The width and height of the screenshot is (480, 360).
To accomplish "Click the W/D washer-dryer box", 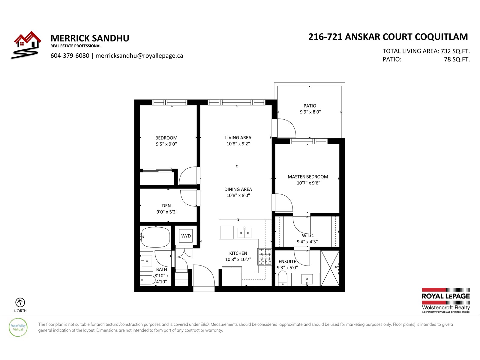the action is click(186, 235).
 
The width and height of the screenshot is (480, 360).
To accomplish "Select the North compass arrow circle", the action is click(20, 302).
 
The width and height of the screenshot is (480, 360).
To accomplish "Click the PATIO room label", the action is click(310, 106).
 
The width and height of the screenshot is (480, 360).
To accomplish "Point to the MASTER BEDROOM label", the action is click(308, 177).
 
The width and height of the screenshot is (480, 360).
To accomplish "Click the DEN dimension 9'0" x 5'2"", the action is click(167, 211).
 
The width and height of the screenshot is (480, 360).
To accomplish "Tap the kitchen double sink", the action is click(244, 233).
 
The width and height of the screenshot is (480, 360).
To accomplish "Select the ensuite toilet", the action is click(283, 278).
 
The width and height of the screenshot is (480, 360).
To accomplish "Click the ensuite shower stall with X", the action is click(330, 268).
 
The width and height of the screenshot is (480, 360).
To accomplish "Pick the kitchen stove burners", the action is click(265, 257).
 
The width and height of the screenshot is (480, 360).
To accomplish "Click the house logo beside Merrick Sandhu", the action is click(26, 45).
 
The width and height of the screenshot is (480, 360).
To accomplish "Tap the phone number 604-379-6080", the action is click(70, 56).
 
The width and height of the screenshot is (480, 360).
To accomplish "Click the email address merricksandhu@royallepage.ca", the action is click(139, 56).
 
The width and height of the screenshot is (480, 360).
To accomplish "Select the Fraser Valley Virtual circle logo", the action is click(18, 327).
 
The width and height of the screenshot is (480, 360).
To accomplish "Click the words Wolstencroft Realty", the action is click(446, 307).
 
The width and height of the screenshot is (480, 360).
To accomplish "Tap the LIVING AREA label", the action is click(238, 137).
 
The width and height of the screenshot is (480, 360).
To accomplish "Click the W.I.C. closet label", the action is click(308, 235).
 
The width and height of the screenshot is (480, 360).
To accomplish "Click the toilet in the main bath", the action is click(148, 280).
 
